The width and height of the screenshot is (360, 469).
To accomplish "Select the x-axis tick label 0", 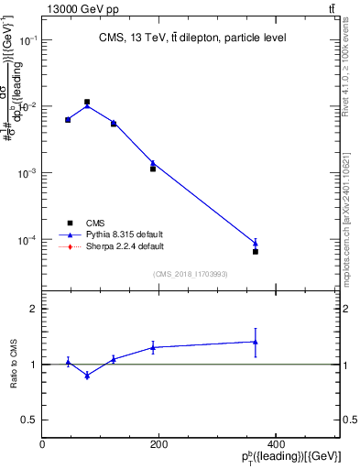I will (43, 444).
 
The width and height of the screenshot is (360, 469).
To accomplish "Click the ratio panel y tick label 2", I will (33, 310).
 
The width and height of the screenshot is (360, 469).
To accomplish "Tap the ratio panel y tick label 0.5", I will (29, 420).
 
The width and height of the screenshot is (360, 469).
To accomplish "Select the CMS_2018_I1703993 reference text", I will (191, 273).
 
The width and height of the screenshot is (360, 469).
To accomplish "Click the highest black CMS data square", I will (87, 103).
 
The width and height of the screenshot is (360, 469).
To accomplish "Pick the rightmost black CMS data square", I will (256, 251).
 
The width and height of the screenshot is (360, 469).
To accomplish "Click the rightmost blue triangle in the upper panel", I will (256, 243).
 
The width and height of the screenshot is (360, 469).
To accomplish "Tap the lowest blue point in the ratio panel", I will (87, 376).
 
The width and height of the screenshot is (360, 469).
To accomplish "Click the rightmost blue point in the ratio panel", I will (256, 342).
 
